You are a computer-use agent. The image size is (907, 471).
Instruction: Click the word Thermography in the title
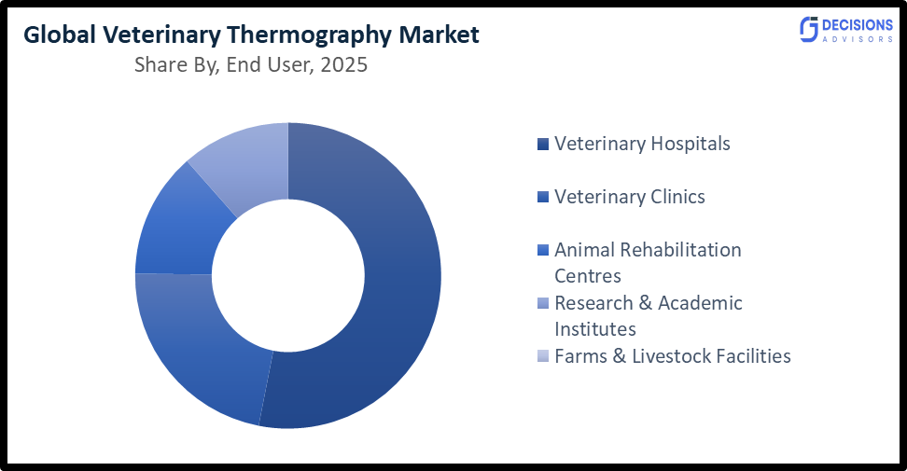point(307,35)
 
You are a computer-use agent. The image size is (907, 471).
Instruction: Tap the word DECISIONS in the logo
point(857,24)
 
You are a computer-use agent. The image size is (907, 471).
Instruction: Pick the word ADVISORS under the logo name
point(857,40)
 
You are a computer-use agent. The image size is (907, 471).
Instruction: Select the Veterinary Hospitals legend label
point(642,144)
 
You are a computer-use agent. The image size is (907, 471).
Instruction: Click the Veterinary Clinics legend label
point(630,197)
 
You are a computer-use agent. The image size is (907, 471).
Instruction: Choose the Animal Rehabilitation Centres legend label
point(648,262)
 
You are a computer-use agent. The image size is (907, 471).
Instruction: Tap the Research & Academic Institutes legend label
point(648,315)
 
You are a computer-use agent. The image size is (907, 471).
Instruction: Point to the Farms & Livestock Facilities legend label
point(672,356)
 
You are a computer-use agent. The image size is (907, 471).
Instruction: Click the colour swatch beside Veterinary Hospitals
point(543,145)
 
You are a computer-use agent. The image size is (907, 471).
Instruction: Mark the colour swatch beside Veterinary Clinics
point(543,198)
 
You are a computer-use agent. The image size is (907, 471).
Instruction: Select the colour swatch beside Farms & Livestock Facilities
point(543,357)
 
